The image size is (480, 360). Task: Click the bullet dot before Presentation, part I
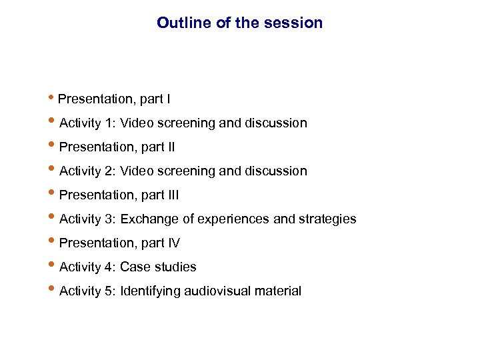53,99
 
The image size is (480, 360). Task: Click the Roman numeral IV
173,243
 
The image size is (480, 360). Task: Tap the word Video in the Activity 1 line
137,123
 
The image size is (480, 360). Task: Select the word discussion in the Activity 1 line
275,123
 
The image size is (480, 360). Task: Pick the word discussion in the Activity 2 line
275,171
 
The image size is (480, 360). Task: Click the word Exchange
147,219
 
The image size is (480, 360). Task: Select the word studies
175,267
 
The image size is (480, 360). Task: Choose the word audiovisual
218,291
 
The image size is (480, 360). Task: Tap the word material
278,291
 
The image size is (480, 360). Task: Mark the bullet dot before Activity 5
53,290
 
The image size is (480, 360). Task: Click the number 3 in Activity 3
107,219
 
